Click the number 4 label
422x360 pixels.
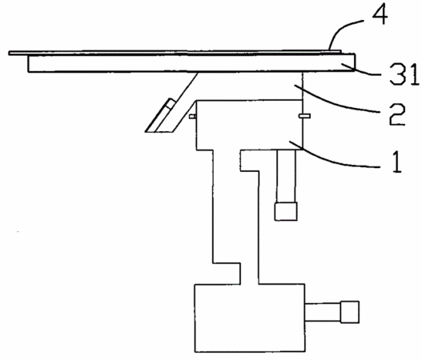(380, 14)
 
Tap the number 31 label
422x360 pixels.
(404, 74)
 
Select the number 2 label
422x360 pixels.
(397, 114)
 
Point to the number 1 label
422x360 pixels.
(397, 162)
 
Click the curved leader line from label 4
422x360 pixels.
(340, 30)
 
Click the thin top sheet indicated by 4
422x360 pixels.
(175, 53)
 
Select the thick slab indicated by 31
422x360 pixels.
(191, 63)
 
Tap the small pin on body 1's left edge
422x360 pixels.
(192, 116)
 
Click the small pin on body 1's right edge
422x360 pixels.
(304, 116)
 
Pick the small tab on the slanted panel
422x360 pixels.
(171, 103)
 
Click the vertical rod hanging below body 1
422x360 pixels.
(286, 176)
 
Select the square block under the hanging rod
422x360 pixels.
(286, 211)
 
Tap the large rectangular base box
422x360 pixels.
(250, 318)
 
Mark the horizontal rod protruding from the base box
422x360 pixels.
(323, 312)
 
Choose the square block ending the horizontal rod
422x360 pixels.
(350, 312)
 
